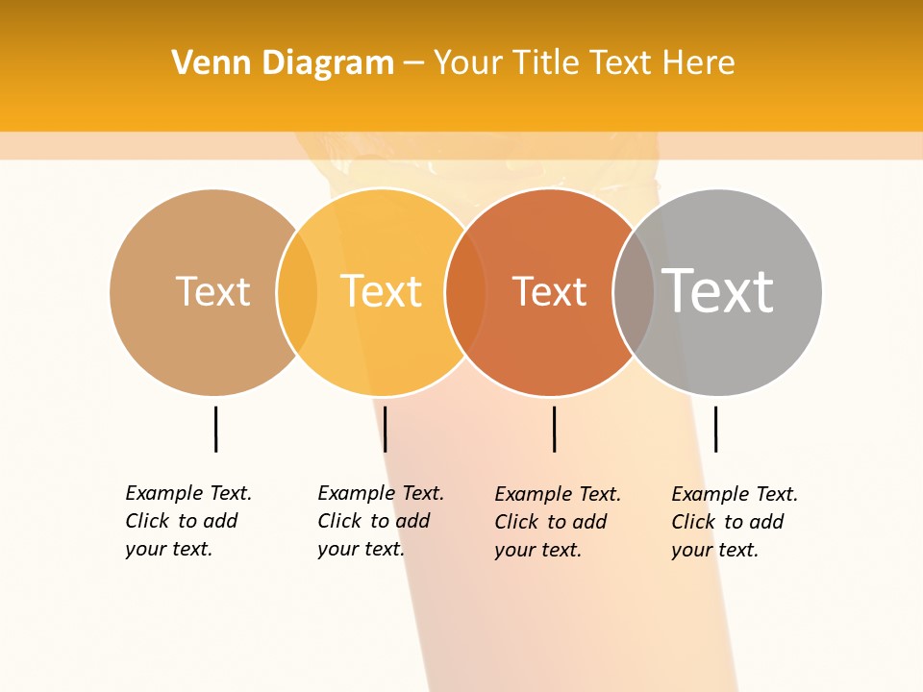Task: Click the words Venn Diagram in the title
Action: [283, 62]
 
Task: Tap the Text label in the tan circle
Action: [212, 291]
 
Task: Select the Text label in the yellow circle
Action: [382, 291]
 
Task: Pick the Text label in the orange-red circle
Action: [549, 291]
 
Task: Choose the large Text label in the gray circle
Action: [718, 290]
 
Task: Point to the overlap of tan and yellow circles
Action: [297, 291]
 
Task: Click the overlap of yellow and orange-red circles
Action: [465, 291]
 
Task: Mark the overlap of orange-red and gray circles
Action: [634, 291]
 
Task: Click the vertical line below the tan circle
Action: [216, 429]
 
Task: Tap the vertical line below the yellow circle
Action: [385, 429]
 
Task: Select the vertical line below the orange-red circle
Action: [554, 429]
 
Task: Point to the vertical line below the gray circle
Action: [715, 429]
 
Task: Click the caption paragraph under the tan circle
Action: [187, 521]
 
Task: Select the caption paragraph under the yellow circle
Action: [380, 521]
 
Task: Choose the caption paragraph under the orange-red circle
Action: [557, 522]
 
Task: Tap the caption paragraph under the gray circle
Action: [734, 522]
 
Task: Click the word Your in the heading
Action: [468, 62]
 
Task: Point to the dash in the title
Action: [413, 63]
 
